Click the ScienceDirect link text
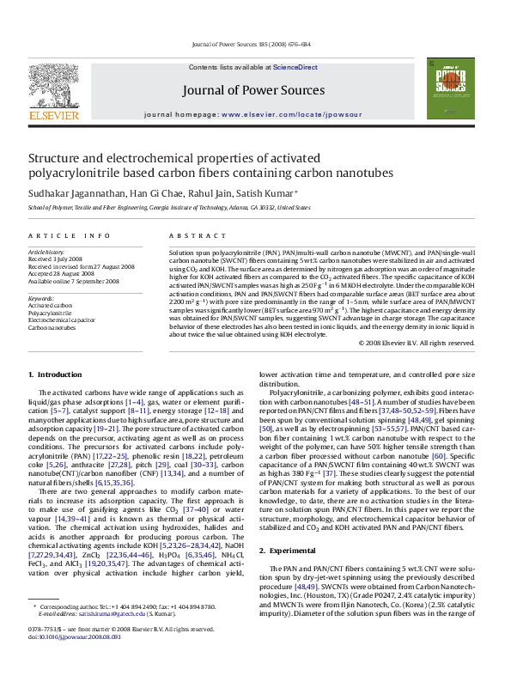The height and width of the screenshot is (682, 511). click(x=295, y=67)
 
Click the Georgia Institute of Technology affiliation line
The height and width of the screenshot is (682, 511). click(x=170, y=207)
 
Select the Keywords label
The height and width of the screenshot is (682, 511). click(x=42, y=298)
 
